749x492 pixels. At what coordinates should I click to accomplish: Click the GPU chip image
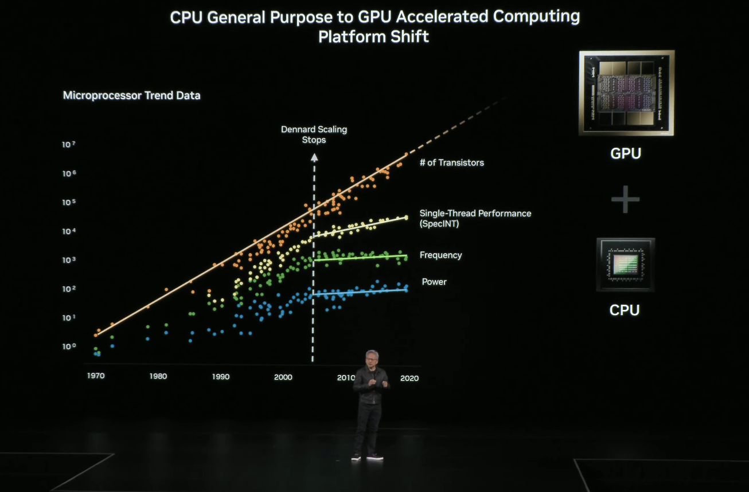626,93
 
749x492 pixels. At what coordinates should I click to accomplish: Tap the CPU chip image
625,265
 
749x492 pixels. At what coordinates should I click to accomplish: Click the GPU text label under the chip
626,153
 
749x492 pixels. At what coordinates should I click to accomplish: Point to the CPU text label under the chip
625,310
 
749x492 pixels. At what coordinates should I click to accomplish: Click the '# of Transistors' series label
451,163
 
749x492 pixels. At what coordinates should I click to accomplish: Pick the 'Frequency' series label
440,255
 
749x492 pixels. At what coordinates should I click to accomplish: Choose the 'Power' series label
434,282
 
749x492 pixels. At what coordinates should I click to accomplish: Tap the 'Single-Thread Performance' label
475,213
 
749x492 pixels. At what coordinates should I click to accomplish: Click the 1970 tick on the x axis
96,376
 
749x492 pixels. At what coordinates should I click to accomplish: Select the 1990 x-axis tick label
220,377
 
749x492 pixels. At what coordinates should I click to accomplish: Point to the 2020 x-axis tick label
409,378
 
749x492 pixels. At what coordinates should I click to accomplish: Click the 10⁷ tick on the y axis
69,144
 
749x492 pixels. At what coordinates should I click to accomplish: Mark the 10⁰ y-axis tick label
69,347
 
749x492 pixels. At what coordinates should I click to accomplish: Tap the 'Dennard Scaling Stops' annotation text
314,135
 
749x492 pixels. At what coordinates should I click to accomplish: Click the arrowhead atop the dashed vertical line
314,155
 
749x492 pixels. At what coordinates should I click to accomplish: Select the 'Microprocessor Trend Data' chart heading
131,96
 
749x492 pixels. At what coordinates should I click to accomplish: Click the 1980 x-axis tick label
158,376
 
